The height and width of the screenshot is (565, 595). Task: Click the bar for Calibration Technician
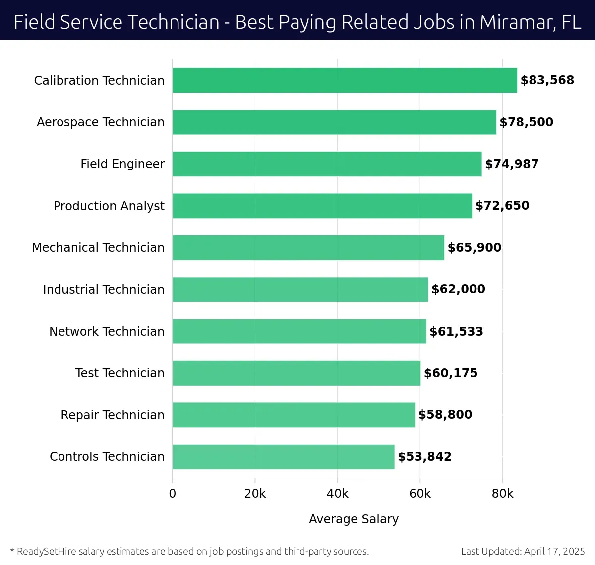(345, 80)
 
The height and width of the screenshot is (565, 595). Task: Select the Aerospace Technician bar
(334, 122)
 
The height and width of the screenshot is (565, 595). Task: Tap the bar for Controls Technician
(283, 456)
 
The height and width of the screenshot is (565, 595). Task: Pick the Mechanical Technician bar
(308, 247)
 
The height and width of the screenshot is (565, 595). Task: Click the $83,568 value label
(547, 80)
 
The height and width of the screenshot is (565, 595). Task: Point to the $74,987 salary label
(511, 164)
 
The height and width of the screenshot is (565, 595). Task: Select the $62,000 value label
(458, 289)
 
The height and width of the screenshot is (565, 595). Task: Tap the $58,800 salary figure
(445, 415)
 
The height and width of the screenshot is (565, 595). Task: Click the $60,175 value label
(450, 373)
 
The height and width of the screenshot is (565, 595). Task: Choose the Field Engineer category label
(122, 164)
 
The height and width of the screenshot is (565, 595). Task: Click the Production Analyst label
(109, 206)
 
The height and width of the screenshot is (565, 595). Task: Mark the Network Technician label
(107, 331)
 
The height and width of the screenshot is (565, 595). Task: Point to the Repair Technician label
(112, 415)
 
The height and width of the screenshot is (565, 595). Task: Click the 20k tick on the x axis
(255, 494)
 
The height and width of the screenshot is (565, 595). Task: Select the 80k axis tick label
(502, 494)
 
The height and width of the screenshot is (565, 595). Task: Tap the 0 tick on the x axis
(173, 494)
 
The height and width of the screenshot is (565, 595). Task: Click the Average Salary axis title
(354, 519)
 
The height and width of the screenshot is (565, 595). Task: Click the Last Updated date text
(523, 551)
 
